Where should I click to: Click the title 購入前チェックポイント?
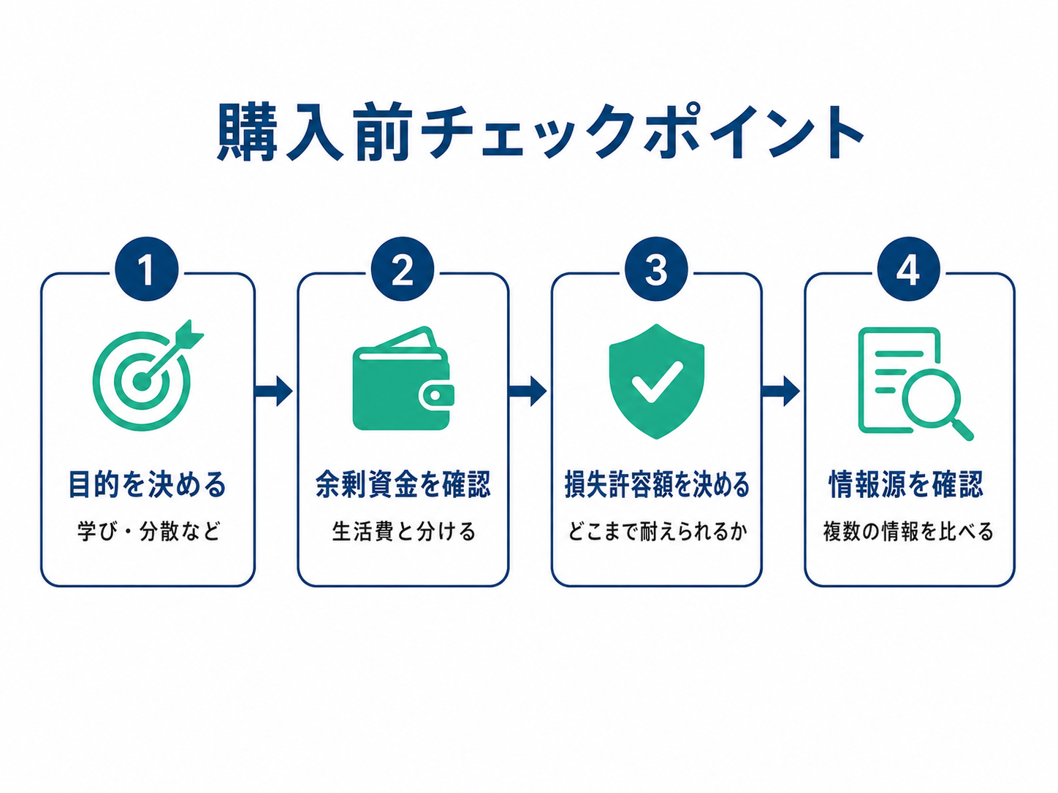(x=540, y=131)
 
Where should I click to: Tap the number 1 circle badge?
(x=147, y=269)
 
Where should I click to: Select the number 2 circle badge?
(x=403, y=269)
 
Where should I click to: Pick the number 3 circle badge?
(x=656, y=269)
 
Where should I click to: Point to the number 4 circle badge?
(x=908, y=269)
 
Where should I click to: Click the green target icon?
(x=148, y=375)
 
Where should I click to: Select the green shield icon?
(x=656, y=381)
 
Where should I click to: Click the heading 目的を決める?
(x=147, y=484)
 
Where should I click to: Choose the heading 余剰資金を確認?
(x=403, y=484)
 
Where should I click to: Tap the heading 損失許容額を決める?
(x=657, y=484)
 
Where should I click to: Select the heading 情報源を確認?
(x=906, y=484)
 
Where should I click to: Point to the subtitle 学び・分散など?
(x=148, y=532)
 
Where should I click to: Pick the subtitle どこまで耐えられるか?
(x=657, y=532)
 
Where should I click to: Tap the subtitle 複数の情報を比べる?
(x=908, y=532)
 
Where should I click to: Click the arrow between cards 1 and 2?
(x=273, y=391)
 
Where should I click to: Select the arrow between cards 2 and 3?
(x=528, y=391)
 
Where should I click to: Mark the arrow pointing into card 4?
(x=781, y=391)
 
